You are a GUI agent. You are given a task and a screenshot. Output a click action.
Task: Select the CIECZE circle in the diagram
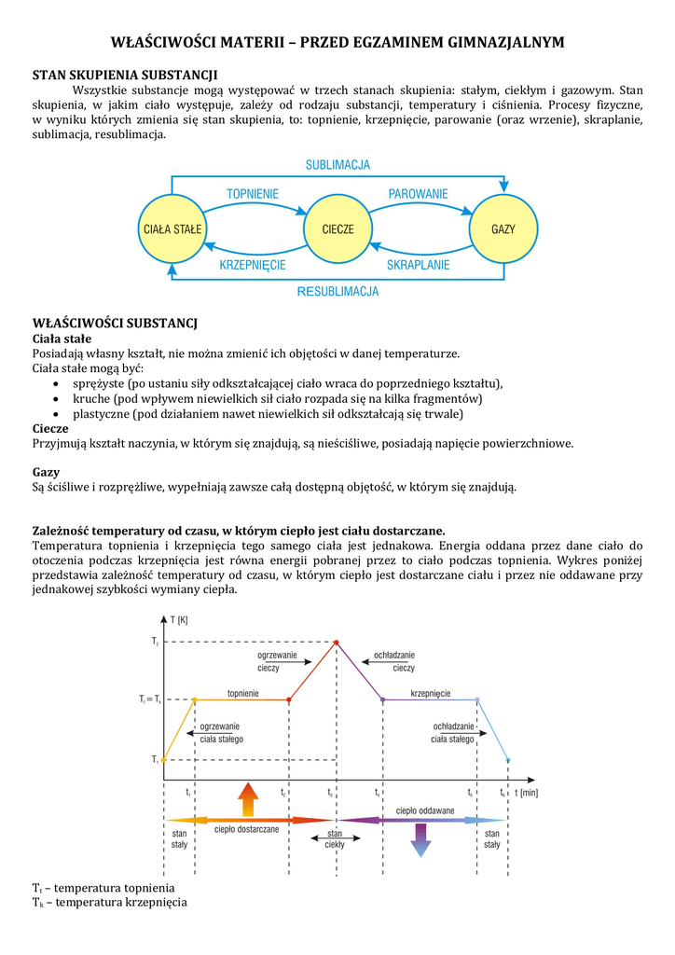click(x=337, y=228)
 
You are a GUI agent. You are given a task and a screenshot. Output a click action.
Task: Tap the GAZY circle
click(x=503, y=228)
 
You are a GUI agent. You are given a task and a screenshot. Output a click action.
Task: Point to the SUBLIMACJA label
click(x=337, y=165)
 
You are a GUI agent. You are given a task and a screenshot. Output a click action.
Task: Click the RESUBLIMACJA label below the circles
click(x=337, y=292)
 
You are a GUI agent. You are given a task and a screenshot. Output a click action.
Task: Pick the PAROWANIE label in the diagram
click(x=418, y=194)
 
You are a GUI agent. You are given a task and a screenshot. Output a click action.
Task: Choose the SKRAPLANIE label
click(x=419, y=265)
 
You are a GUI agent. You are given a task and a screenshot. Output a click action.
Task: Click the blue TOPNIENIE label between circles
click(x=253, y=194)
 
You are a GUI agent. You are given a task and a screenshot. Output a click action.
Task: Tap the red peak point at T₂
click(x=337, y=642)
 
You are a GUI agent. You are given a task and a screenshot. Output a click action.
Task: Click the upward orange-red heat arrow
click(x=247, y=800)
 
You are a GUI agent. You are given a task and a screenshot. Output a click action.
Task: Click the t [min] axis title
click(x=525, y=793)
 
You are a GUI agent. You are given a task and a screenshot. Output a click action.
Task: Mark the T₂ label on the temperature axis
click(x=155, y=642)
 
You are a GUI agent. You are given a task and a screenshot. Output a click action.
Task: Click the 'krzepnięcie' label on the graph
click(x=431, y=694)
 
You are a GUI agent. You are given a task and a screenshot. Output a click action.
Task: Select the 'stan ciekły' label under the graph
click(x=334, y=838)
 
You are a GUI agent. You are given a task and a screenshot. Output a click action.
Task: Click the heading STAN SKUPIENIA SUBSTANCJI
click(x=125, y=74)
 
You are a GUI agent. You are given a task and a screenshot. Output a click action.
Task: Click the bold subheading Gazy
click(x=46, y=472)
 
